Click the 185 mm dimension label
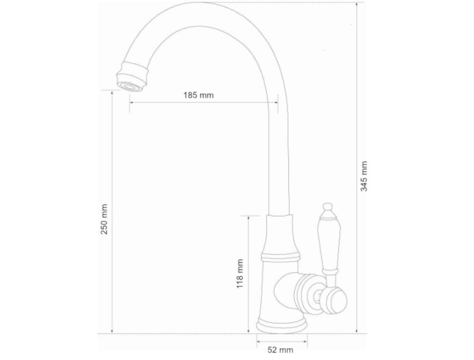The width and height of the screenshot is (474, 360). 198,95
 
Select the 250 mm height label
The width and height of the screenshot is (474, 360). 105,219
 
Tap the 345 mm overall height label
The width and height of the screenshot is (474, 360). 364,176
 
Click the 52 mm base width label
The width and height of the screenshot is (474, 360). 280,350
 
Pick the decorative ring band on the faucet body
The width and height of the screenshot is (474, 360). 281,257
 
